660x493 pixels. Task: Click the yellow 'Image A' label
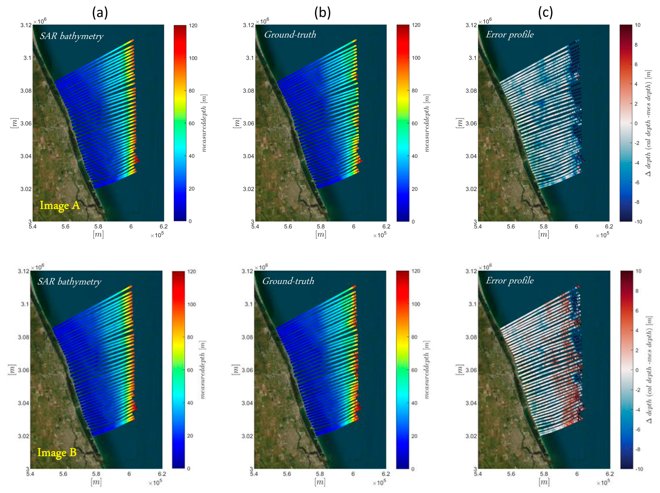[60, 205]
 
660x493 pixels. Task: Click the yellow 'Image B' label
[57, 452]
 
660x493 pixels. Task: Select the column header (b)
[322, 12]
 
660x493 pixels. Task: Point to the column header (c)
[545, 12]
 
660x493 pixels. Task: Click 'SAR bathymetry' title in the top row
[71, 36]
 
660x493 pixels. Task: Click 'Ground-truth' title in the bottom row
[288, 281]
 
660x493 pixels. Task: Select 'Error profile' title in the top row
[509, 34]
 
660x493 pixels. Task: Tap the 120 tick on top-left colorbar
[193, 26]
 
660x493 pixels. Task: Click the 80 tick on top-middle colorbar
[414, 90]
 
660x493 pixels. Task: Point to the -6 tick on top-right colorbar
[636, 182]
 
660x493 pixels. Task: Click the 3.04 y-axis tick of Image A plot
[26, 156]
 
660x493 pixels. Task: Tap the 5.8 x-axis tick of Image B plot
[96, 473]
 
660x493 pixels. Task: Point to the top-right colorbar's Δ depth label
[648, 123]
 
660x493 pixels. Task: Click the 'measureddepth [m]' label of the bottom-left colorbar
[203, 369]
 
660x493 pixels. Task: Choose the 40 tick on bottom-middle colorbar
[414, 403]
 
